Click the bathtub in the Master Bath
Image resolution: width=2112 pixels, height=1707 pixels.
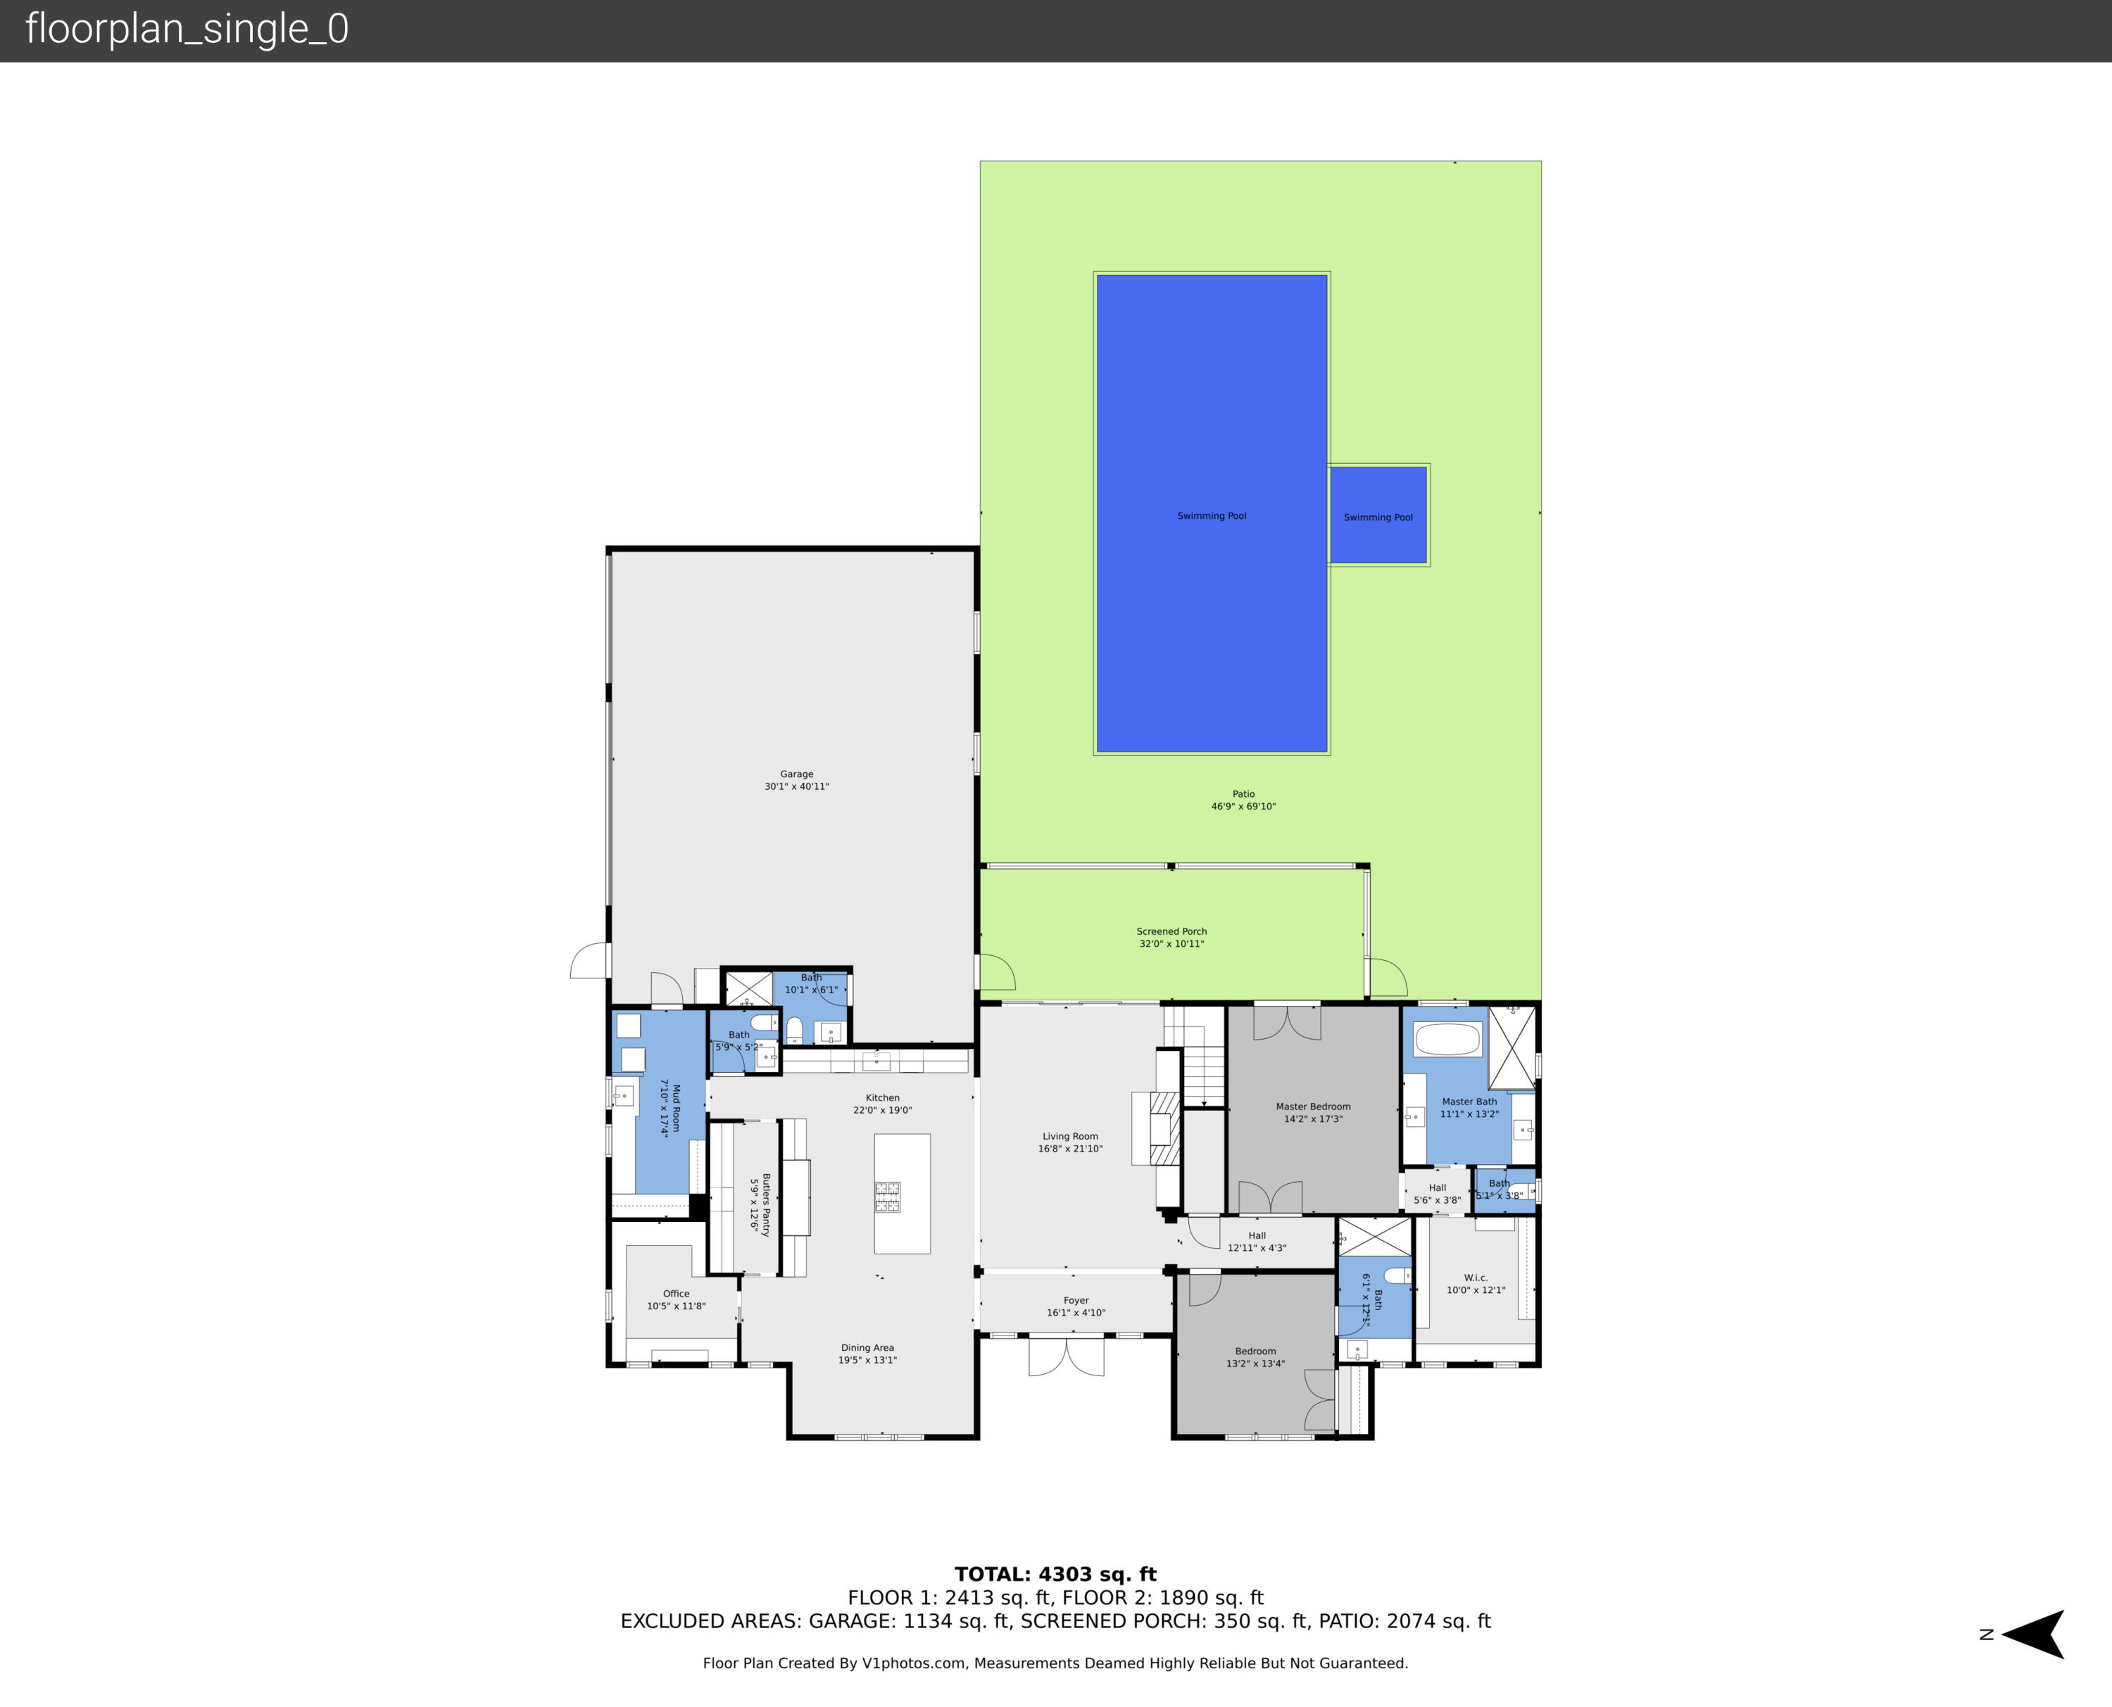1446,1040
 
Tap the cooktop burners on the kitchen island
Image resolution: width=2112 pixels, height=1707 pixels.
888,1196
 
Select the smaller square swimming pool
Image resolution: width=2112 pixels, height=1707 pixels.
1378,515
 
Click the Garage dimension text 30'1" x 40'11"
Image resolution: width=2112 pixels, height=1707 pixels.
796,787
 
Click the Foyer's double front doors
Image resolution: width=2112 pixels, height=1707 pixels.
1066,1358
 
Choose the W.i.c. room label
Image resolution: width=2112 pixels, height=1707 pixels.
1476,1278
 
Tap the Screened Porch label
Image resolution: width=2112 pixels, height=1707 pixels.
1171,931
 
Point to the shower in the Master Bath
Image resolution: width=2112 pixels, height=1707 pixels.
1512,1046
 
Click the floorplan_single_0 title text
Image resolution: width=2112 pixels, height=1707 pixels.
187,30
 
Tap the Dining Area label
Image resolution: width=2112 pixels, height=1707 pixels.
867,1348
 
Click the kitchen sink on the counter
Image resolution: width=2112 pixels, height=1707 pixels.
876,1060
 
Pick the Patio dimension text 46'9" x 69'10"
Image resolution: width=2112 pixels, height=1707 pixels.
1243,806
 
